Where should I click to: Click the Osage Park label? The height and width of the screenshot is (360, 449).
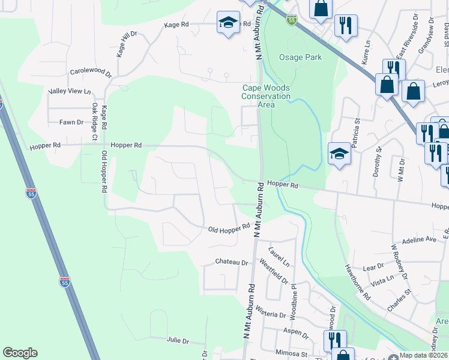pyautogui.click(x=300, y=58)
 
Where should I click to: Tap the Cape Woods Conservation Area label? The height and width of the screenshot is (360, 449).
pyautogui.click(x=266, y=96)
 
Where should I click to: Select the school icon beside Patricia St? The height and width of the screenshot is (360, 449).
pyautogui.click(x=339, y=154)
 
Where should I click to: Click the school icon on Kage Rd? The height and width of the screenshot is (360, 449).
pyautogui.click(x=227, y=23)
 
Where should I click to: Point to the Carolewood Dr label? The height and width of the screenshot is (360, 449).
pyautogui.click(x=91, y=71)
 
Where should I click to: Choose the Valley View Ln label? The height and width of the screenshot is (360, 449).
pyautogui.click(x=69, y=91)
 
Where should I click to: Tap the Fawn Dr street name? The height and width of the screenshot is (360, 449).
pyautogui.click(x=71, y=122)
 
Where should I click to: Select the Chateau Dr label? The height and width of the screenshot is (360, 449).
pyautogui.click(x=232, y=262)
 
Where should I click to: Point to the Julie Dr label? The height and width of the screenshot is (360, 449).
pyautogui.click(x=178, y=340)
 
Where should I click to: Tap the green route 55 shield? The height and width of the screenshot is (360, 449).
pyautogui.click(x=291, y=20)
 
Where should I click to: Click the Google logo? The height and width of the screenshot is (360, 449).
pyautogui.click(x=20, y=353)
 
